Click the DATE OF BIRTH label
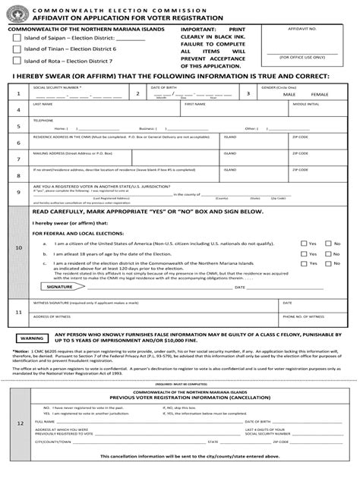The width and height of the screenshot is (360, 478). [x=164, y=87]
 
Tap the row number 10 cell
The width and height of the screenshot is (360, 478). [x=19, y=247]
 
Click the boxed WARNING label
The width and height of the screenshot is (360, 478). [x=34, y=336]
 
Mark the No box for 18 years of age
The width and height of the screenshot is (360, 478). [x=329, y=253]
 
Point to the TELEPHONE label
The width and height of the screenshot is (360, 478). [x=43, y=120]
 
